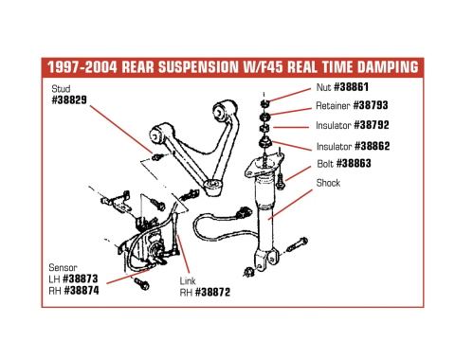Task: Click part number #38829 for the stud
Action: point(70,99)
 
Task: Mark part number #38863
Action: point(362,164)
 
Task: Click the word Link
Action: point(188,281)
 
